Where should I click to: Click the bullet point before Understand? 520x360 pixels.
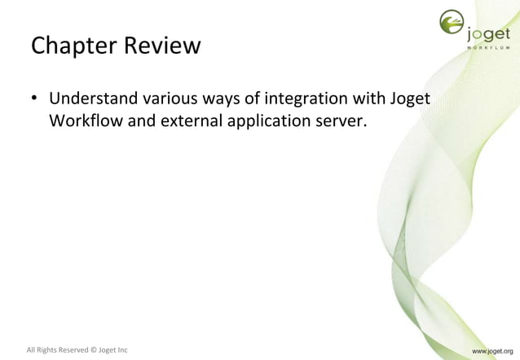[35, 101]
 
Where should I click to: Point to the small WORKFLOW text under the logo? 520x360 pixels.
[489, 48]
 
